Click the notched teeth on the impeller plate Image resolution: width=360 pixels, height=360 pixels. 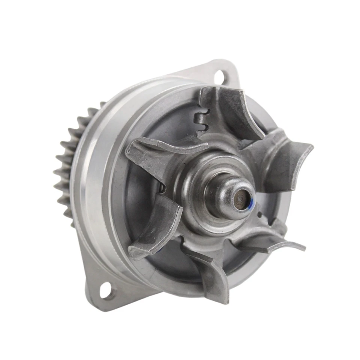tap(201, 120)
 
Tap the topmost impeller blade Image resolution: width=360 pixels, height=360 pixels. tap(229, 109)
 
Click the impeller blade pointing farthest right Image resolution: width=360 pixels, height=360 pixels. tap(289, 157)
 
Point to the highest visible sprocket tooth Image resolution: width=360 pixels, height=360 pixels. tap(102, 103)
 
